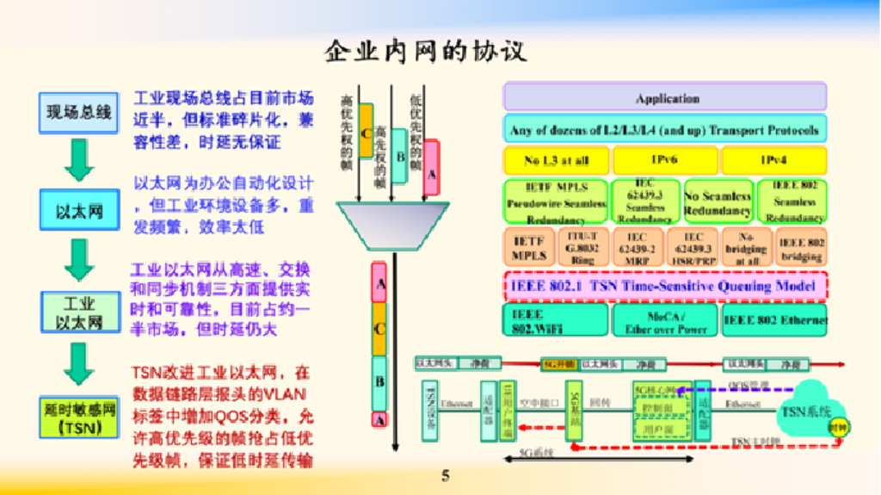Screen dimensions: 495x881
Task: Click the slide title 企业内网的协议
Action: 437,52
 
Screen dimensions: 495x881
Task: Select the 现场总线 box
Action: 79,112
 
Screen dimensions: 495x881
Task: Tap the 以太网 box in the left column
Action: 79,210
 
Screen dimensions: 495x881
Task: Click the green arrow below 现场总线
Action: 79,159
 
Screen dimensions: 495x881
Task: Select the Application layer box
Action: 665,97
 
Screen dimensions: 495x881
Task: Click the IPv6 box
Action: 664,160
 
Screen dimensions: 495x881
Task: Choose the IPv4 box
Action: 773,160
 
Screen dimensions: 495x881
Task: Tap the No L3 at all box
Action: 556,160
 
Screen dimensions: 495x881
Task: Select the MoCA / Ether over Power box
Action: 665,320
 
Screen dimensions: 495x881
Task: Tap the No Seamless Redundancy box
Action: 718,201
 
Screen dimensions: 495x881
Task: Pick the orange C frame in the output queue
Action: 379,327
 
